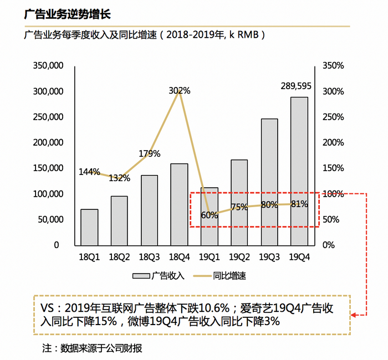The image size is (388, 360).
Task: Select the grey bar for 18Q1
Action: click(89, 227)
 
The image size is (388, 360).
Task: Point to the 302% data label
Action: click(180, 90)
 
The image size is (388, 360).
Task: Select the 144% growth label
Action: click(89, 172)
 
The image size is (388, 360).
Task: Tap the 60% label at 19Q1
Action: click(210, 215)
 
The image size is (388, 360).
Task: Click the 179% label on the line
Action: click(149, 153)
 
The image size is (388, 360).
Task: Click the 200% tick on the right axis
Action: click(333, 142)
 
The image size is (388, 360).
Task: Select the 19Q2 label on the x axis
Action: click(239, 256)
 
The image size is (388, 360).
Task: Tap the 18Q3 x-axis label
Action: click(149, 256)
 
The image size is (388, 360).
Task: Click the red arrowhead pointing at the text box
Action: click(355, 315)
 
